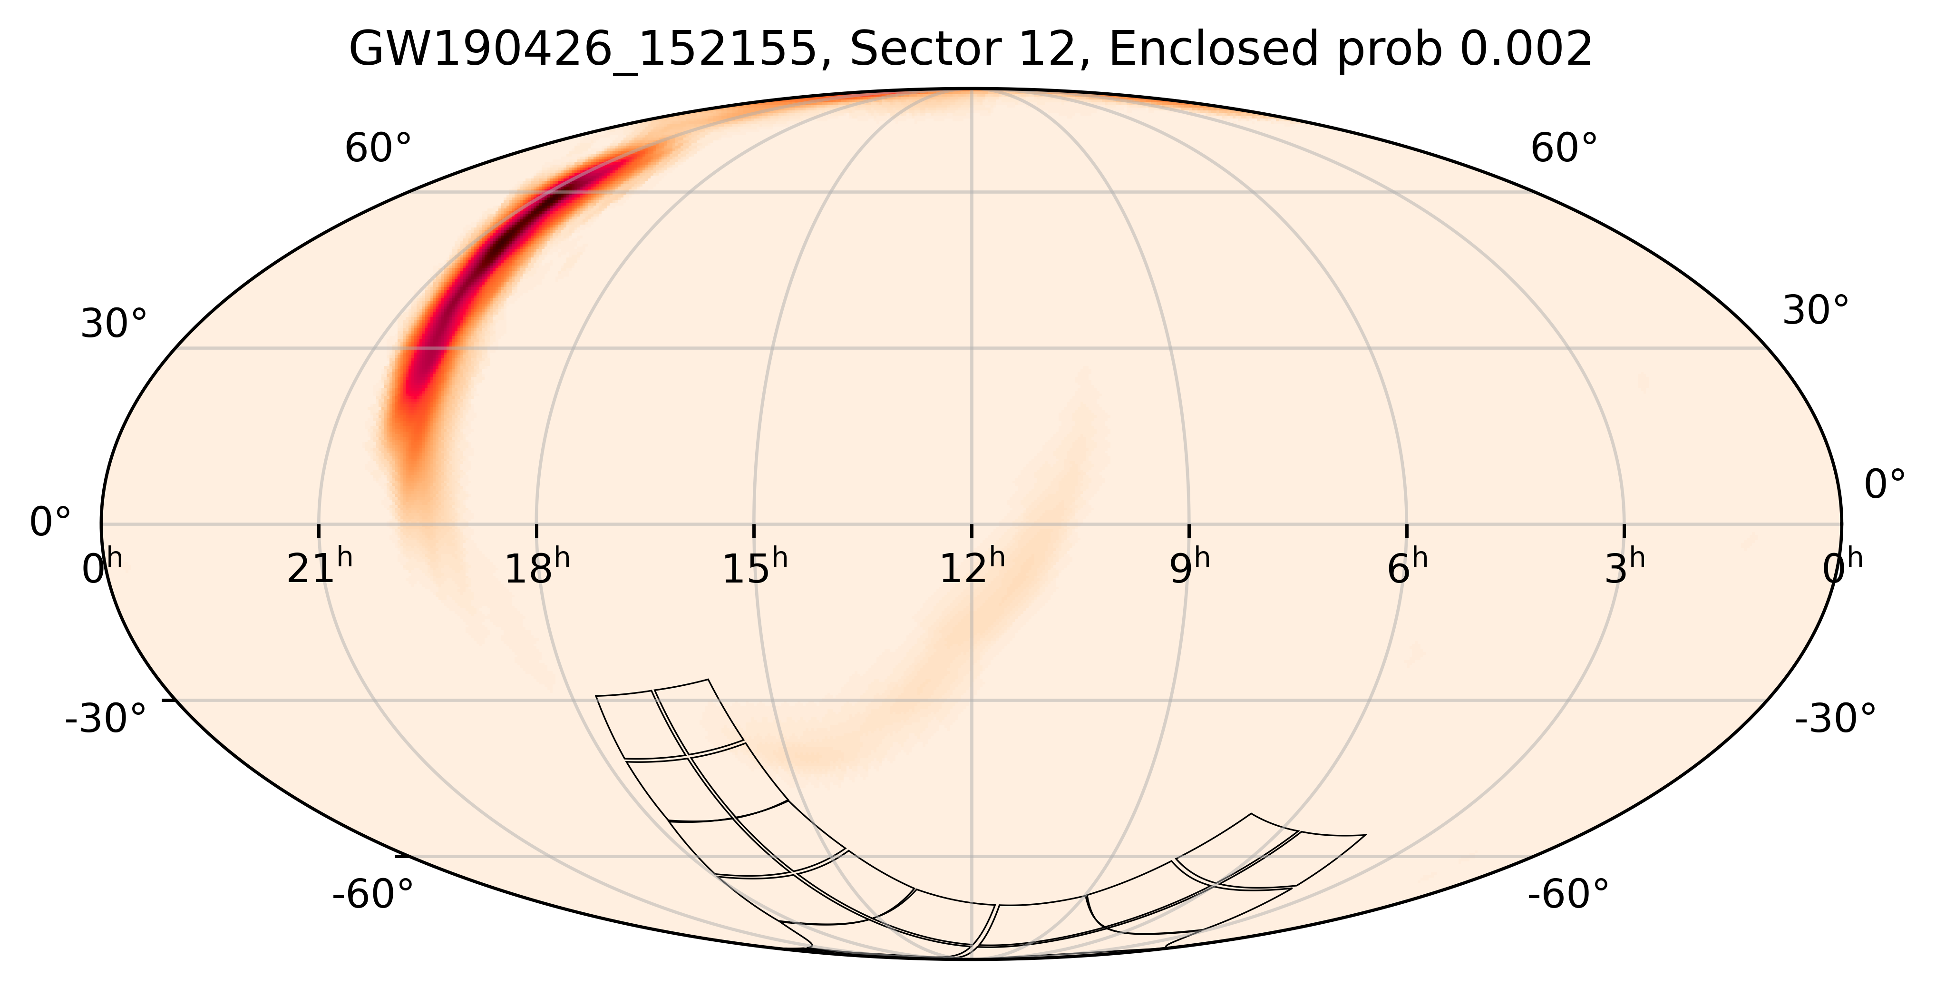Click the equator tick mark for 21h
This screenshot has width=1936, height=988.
[319, 530]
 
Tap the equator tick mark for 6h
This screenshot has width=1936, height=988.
[1407, 530]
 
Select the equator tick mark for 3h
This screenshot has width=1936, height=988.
[1624, 530]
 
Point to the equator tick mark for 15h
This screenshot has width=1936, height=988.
[754, 530]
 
